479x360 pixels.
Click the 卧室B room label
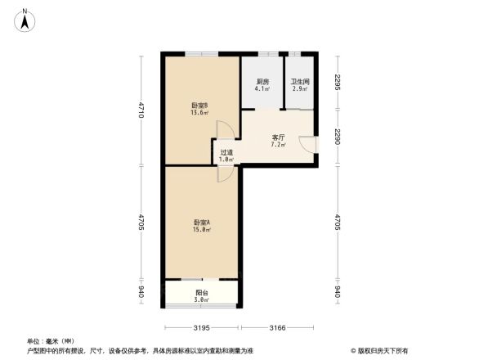(200, 105)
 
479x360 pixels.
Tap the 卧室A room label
(202, 222)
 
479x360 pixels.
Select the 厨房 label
(262, 82)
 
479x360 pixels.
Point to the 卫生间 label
(300, 82)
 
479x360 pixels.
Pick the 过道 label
(226, 151)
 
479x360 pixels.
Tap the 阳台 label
(202, 293)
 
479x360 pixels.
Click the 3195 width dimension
(202, 328)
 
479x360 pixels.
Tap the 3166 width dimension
(277, 328)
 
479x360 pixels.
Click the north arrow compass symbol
(25, 18)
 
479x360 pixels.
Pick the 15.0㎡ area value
(202, 230)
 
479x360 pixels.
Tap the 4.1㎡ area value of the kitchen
(262, 89)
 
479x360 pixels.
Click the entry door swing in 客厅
(307, 142)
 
